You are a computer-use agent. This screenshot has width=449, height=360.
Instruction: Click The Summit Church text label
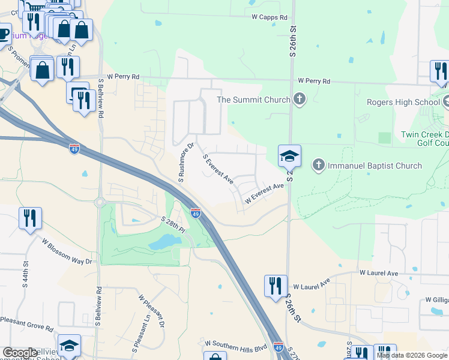(x=253, y=100)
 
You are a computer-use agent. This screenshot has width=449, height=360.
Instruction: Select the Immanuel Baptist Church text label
(x=375, y=166)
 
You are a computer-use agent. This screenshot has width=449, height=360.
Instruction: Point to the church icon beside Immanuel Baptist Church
(x=319, y=164)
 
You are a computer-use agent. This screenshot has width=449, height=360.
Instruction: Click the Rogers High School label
(x=406, y=102)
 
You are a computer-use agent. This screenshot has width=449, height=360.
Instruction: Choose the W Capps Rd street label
(x=270, y=17)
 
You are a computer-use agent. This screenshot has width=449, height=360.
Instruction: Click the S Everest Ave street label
(x=218, y=169)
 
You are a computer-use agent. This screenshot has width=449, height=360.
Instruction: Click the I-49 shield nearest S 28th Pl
(x=196, y=212)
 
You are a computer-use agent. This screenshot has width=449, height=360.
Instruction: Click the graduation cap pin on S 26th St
(x=289, y=157)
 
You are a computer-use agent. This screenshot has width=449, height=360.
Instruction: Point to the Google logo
(x=20, y=353)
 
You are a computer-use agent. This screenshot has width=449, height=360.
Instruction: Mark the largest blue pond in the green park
(x=161, y=242)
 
